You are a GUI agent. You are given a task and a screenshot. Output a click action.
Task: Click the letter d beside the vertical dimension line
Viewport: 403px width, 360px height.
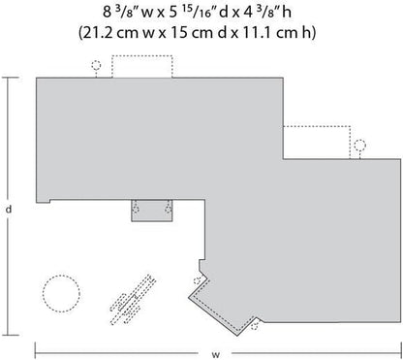pos(9,209)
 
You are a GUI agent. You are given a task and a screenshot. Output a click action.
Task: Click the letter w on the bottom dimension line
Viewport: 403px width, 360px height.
pos(216,354)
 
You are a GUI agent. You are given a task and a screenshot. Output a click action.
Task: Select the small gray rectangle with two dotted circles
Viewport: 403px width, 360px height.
pos(152,211)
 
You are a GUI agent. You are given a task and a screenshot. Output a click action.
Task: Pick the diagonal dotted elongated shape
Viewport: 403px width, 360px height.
pos(133,300)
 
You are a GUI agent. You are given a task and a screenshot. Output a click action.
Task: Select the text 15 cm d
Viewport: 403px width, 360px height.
pos(199,33)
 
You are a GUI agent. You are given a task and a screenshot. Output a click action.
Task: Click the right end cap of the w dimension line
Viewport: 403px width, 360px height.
pos(400,351)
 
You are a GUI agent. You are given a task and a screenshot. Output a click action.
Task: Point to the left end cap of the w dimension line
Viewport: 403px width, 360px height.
pos(35,351)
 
